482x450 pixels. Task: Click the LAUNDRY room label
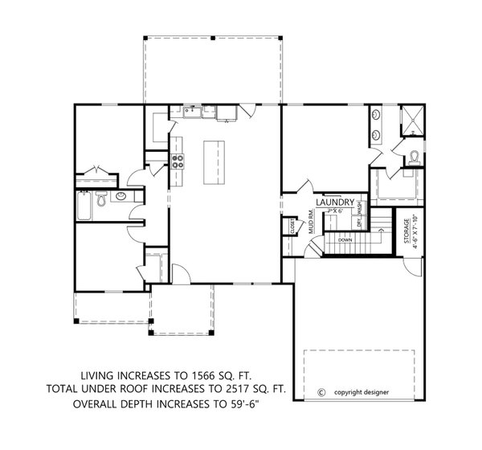[337, 202]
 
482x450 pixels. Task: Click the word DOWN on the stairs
[345, 239]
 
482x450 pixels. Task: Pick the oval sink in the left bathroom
[120, 196]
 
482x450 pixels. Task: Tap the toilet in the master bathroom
[413, 157]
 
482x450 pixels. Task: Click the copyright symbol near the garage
[321, 393]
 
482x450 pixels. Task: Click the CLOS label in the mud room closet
[292, 229]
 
